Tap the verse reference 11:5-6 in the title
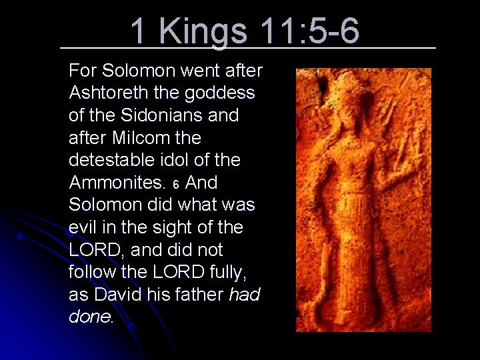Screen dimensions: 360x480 (x=310, y=31)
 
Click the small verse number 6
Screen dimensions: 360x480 (x=175, y=184)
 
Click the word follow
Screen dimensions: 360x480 (x=89, y=272)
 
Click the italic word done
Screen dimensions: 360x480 (x=91, y=317)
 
